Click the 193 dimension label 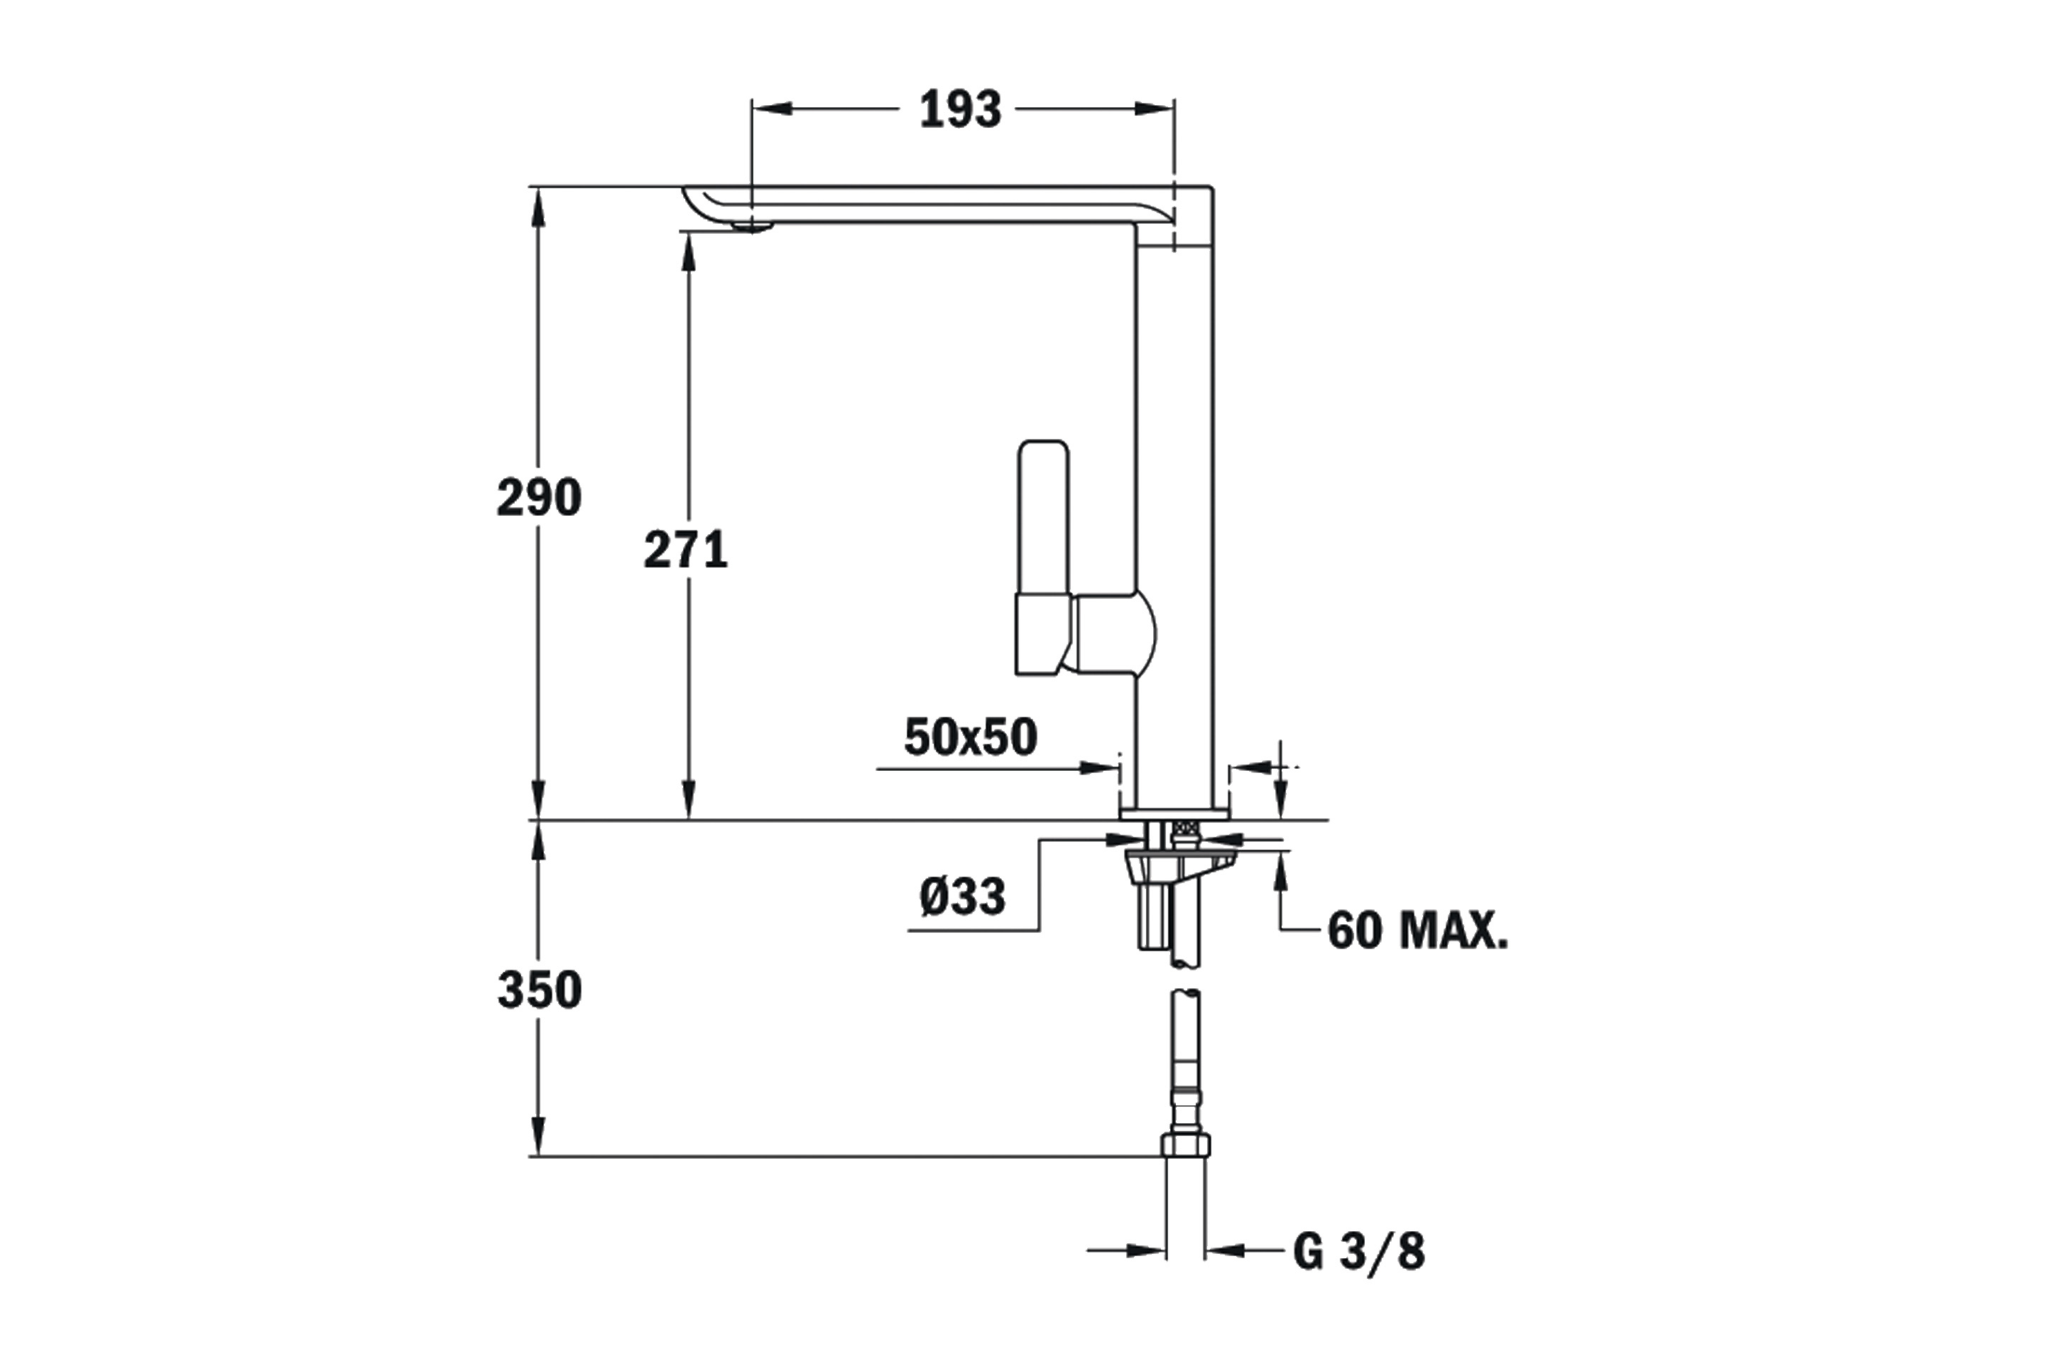(x=960, y=109)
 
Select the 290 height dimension (x=539, y=497)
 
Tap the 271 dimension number (x=685, y=550)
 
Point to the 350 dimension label (x=539, y=990)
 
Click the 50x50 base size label (x=971, y=737)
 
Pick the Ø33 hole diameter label (x=963, y=896)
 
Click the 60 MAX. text (x=1418, y=931)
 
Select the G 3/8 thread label (x=1359, y=1252)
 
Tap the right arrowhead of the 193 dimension (x=1155, y=109)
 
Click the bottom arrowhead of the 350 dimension (x=539, y=1135)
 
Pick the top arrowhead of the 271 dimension (x=689, y=252)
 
